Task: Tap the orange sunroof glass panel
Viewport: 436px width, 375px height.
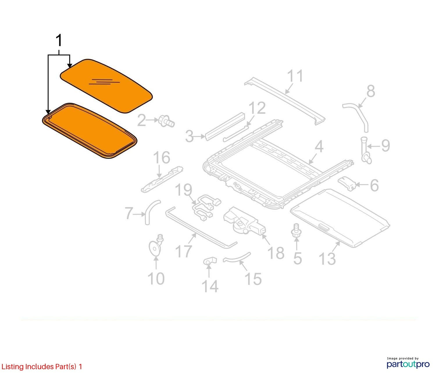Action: (106, 86)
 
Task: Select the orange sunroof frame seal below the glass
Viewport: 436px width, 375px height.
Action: (90, 131)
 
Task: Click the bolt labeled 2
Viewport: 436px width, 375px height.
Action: (167, 121)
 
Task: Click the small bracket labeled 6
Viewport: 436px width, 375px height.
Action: (347, 183)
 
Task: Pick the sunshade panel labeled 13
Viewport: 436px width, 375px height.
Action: (340, 218)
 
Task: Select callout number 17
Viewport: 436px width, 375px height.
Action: (183, 251)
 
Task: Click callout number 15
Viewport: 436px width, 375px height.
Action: (253, 279)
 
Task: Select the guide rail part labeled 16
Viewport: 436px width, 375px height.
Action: (162, 179)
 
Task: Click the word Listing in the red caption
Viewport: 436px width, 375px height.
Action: (13, 367)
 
